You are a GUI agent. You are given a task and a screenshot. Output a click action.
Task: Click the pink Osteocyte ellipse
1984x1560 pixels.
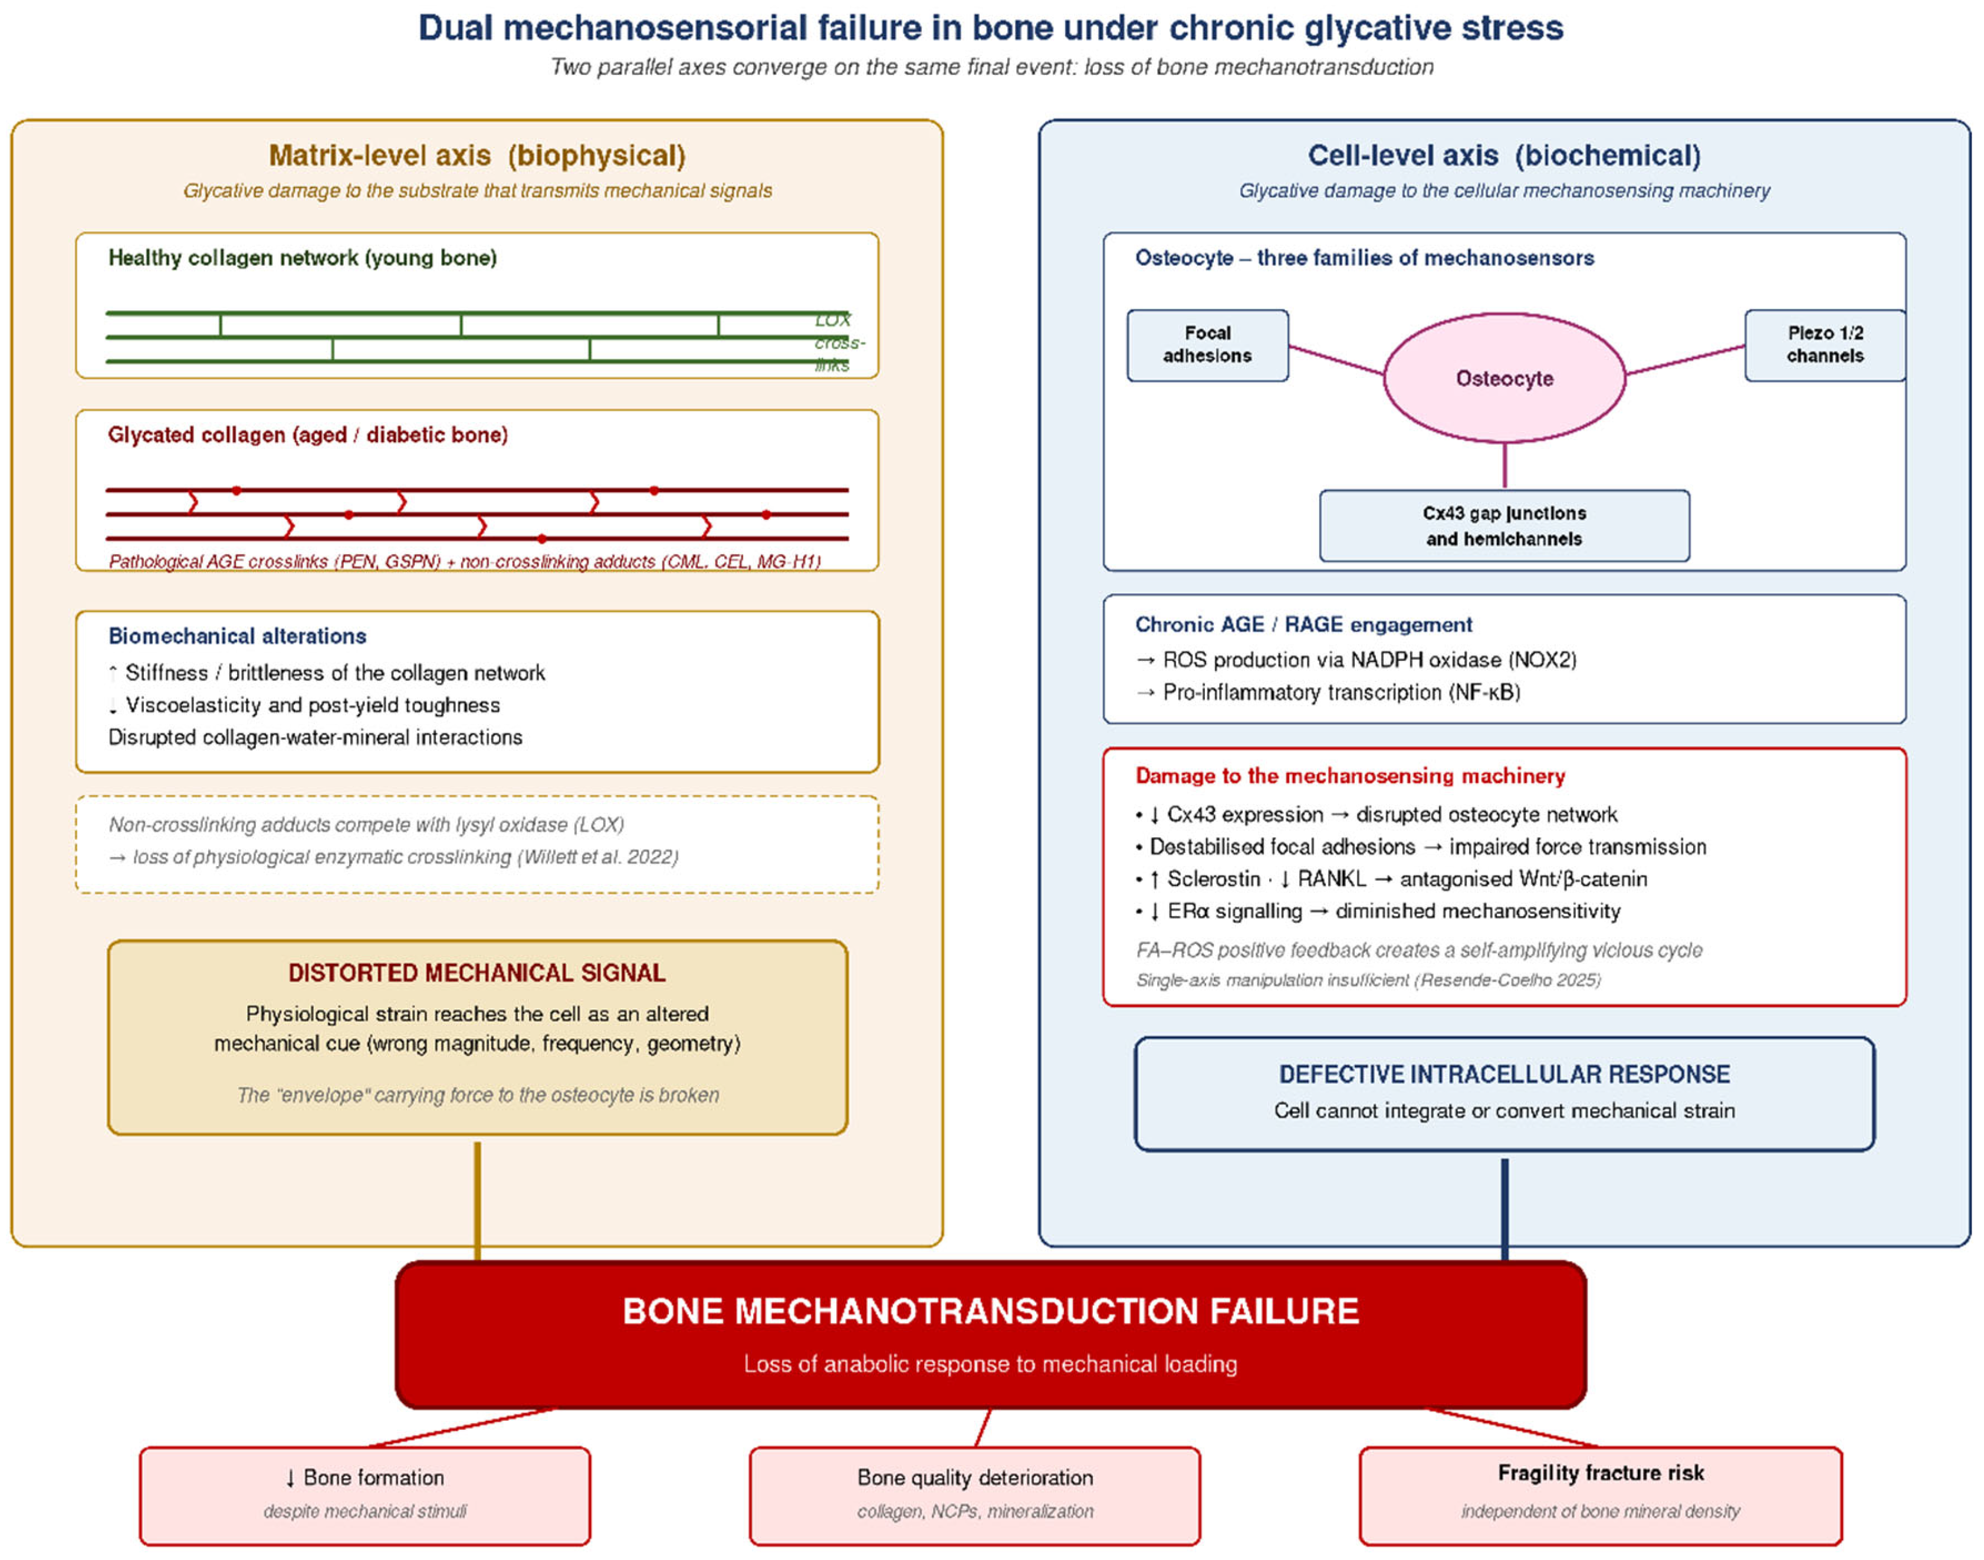1505,378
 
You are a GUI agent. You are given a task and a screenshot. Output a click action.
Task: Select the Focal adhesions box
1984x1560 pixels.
1208,345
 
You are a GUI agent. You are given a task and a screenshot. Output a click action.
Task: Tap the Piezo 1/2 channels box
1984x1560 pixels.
1825,345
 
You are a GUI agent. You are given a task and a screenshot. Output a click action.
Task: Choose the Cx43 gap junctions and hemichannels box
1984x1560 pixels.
1505,526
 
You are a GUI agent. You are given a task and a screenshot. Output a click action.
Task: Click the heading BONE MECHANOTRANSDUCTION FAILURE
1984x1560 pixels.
991,1312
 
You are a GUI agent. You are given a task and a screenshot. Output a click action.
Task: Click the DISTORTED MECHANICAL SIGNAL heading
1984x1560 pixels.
477,973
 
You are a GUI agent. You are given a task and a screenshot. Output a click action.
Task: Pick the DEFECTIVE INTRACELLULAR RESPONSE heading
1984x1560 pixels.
1505,1075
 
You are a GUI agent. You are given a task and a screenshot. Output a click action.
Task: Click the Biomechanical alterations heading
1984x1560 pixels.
238,636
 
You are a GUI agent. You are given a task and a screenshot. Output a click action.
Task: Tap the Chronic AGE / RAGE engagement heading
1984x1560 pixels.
1303,625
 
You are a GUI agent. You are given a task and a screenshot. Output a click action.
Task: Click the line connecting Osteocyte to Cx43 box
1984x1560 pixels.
1505,467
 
